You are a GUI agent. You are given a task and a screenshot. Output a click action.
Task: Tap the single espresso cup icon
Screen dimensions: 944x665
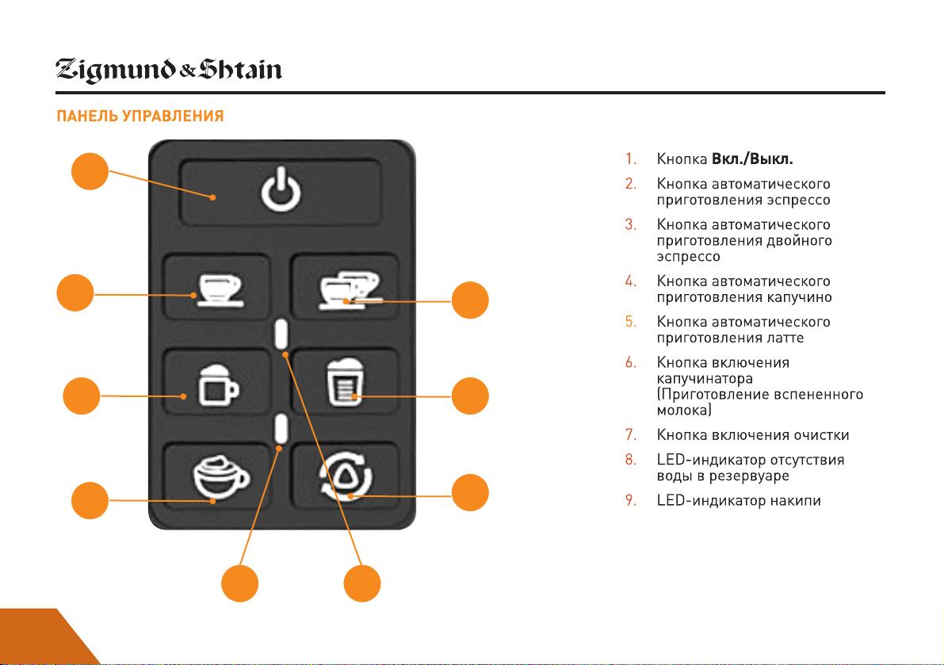(x=220, y=291)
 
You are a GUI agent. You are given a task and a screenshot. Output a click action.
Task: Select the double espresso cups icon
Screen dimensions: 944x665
(x=350, y=290)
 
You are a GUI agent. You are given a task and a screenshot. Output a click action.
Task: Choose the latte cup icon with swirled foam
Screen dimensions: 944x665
(x=221, y=477)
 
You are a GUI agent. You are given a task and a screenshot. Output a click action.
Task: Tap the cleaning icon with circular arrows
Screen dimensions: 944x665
(x=346, y=476)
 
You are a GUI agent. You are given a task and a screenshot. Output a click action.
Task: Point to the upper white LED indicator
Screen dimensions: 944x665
(x=281, y=334)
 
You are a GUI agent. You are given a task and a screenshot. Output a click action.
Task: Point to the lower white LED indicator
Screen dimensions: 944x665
(x=281, y=429)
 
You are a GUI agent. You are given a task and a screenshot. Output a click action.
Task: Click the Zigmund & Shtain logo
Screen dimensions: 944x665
(x=169, y=71)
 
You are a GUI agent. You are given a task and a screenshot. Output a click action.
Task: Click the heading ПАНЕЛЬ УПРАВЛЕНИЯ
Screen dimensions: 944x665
(x=139, y=117)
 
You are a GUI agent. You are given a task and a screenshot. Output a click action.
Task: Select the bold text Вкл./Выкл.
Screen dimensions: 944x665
(x=752, y=159)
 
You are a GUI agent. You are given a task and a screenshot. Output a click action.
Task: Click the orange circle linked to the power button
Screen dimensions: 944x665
(x=90, y=171)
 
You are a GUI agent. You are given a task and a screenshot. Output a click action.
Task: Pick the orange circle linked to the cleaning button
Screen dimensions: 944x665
(x=469, y=492)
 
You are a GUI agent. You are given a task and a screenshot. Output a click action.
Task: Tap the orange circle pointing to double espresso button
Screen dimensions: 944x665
(x=469, y=300)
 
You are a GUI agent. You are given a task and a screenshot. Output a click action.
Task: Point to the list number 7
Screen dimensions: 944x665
(x=630, y=434)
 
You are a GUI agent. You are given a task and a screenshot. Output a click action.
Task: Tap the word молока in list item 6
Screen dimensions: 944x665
(x=684, y=411)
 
